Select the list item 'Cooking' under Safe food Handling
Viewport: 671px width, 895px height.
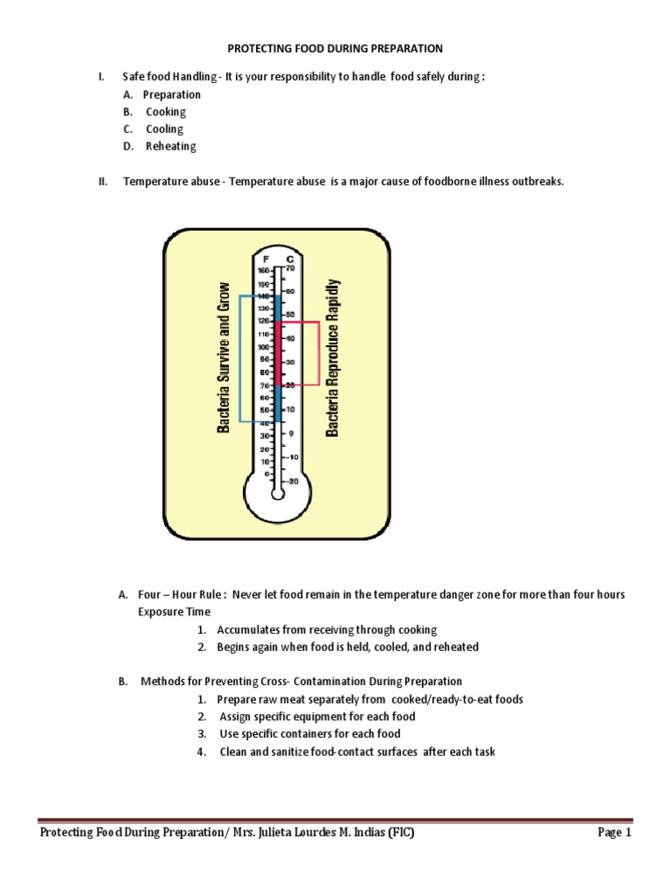pos(165,112)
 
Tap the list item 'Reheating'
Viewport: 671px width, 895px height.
pos(170,147)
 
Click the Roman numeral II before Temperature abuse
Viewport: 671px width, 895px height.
pos(102,182)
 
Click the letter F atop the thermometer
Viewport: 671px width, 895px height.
pos(266,260)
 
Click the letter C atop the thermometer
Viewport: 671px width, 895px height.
pos(289,260)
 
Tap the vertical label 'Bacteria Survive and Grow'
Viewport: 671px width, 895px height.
pos(224,357)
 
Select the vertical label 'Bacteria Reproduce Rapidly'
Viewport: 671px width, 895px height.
pos(333,358)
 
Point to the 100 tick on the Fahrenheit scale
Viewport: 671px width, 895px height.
pos(263,347)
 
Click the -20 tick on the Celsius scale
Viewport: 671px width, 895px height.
pos(292,480)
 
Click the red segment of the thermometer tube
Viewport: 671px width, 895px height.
pos(278,354)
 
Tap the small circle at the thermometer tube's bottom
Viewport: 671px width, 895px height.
pos(278,494)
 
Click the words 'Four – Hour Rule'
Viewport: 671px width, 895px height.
pos(179,594)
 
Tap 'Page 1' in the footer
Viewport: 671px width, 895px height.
pos(614,833)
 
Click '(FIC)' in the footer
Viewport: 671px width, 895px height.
pos(397,833)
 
